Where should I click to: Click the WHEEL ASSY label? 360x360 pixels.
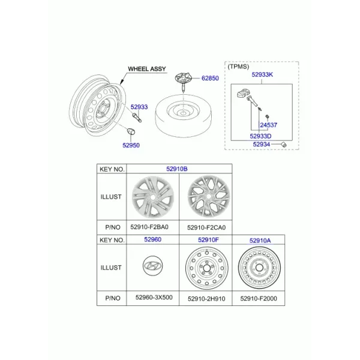click(147, 69)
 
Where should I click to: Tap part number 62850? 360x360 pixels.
click(210, 78)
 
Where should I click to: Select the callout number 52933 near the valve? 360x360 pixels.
click(139, 107)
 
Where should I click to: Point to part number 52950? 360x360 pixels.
click(131, 145)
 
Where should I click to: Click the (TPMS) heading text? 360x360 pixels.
click(238, 67)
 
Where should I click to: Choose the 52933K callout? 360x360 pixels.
click(262, 74)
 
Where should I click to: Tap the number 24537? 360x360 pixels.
click(268, 125)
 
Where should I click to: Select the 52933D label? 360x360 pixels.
click(260, 136)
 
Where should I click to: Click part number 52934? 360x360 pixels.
click(261, 145)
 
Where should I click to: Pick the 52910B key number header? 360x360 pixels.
click(177, 169)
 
